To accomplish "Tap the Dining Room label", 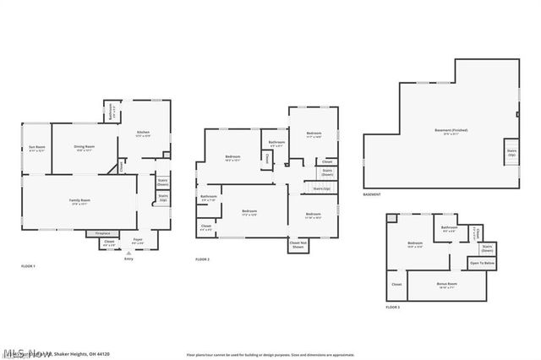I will coord(83,149).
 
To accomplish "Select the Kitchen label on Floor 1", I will coord(145,133).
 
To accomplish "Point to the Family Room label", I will coord(79,200).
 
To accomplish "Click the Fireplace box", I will coord(102,232).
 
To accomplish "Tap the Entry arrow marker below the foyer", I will coord(128,254).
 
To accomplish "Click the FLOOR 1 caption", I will coord(29,266).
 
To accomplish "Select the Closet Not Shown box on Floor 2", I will coord(298,244).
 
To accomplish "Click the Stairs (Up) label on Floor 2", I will coord(321,188).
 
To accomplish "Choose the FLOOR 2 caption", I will coord(202,259).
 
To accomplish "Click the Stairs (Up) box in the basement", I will coord(511,153).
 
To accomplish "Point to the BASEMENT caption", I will coord(372,194).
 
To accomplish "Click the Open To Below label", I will coord(482,264).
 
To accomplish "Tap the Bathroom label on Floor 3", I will coord(449,227).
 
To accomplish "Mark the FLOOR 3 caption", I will coord(392,308).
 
